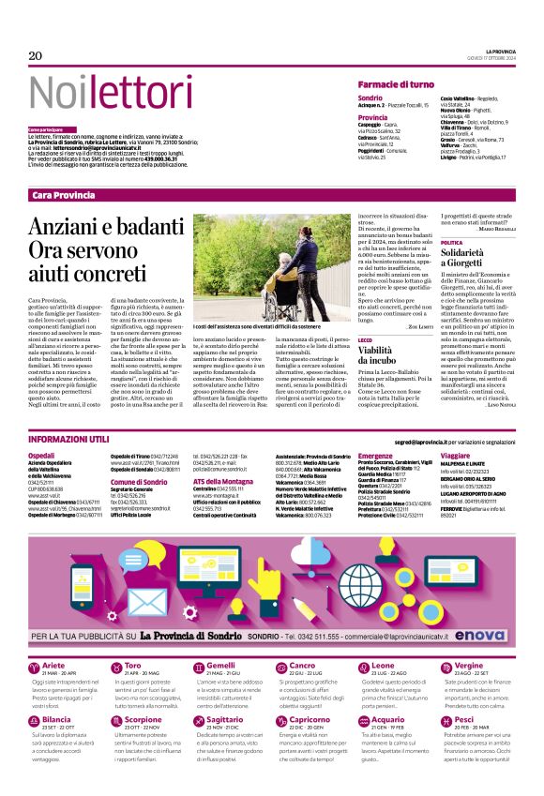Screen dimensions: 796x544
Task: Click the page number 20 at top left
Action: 37,56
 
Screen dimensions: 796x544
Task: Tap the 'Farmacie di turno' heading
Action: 396,84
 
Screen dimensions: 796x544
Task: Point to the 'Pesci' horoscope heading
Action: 462,694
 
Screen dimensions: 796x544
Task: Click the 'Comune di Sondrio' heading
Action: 138,482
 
